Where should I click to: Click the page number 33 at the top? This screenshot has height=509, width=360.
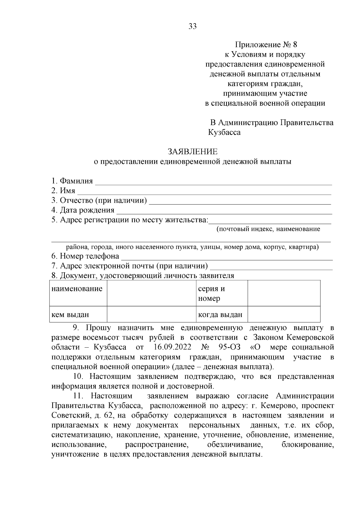[x=192, y=26]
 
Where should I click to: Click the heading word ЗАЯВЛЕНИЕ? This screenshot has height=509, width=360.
[x=192, y=151]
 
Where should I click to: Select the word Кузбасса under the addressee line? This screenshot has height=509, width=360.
[x=224, y=132]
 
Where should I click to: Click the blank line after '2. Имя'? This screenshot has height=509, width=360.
[x=204, y=191]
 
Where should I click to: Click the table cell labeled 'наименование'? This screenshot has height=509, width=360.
[x=77, y=289]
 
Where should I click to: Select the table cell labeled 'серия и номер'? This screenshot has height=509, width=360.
[x=211, y=293]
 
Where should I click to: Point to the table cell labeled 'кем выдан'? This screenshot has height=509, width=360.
[x=70, y=315]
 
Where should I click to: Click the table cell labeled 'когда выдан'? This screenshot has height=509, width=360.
[x=220, y=315]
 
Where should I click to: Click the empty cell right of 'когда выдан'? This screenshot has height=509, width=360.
[x=284, y=314]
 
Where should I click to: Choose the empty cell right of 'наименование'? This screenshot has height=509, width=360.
[x=151, y=293]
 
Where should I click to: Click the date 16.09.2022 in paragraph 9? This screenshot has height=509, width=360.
[x=172, y=347]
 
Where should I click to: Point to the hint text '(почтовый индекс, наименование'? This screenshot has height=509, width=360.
[x=268, y=229]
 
